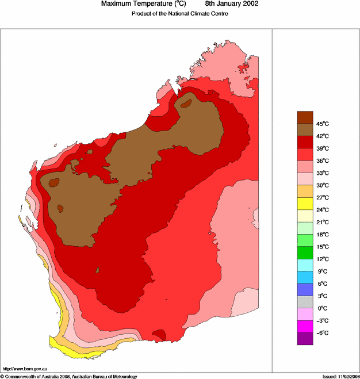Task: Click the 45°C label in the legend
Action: pos(322,124)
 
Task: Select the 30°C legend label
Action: pos(322,185)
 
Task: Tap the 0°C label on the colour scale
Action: pos(322,308)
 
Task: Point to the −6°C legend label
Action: pos(321,333)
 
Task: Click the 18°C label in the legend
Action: pos(322,235)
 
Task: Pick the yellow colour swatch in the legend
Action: pos(305,204)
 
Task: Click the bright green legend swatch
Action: pos(305,252)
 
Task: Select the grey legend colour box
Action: pos(305,302)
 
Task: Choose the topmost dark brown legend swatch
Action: pos(305,117)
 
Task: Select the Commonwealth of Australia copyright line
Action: pos(69,376)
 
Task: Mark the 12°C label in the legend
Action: pos(322,259)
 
